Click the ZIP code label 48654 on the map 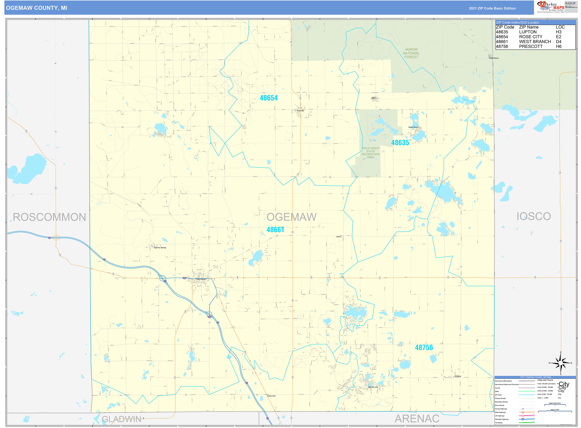(269, 98)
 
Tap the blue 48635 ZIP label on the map (400, 143)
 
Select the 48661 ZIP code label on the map (275, 229)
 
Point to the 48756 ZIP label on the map (424, 348)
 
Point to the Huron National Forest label (411, 53)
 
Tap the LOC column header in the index (560, 27)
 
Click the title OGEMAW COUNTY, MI (37, 8)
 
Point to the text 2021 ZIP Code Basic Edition (492, 8)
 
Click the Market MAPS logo (550, 7)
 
